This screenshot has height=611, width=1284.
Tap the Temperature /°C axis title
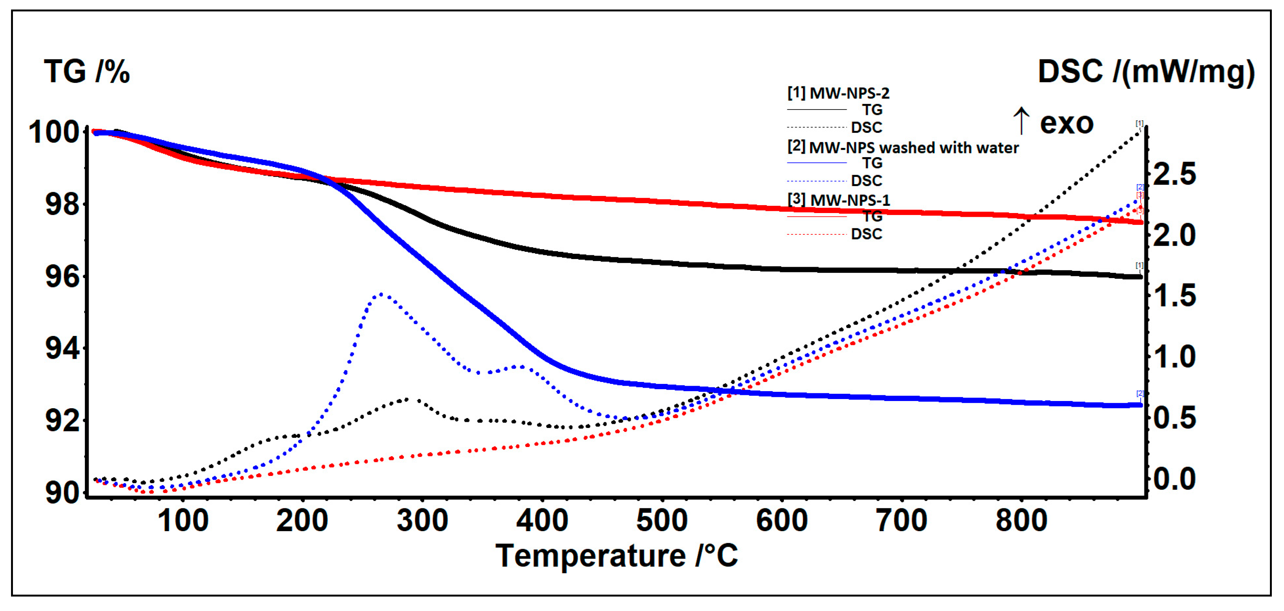click(616, 555)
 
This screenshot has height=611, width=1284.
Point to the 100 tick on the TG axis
click(53, 133)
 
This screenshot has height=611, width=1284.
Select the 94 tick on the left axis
click(62, 348)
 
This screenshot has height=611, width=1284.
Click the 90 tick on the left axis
click(62, 493)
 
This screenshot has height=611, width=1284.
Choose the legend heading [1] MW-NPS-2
click(838, 93)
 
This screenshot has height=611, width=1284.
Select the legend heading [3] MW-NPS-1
click(838, 200)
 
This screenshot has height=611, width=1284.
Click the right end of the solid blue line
click(1139, 406)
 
